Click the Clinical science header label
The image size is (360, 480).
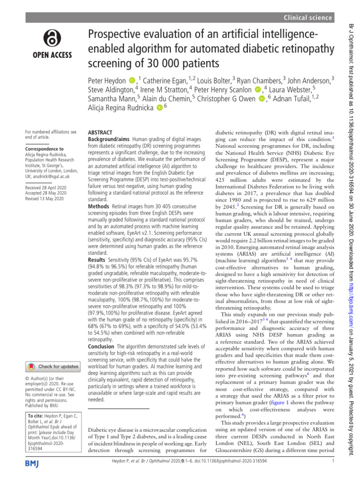click(x=308, y=17)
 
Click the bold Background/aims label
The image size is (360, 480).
click(x=110, y=140)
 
